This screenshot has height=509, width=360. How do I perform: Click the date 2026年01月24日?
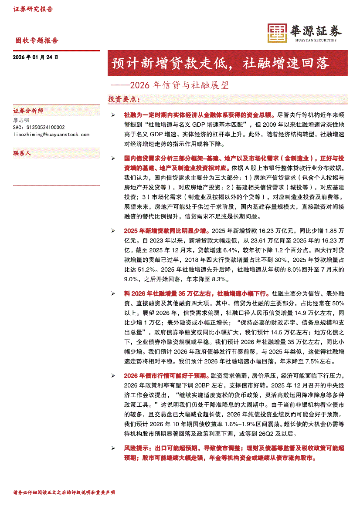coord(36,57)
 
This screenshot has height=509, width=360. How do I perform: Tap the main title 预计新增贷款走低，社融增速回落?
coord(221,63)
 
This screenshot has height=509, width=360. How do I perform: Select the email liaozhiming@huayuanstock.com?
coord(51,135)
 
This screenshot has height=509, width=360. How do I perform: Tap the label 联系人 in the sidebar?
coord(22,154)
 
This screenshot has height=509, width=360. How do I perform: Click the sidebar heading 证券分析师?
coord(28,111)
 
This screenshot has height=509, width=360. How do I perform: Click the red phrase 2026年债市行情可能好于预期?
coord(166,375)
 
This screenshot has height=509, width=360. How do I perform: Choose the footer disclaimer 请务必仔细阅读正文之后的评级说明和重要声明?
coord(64,492)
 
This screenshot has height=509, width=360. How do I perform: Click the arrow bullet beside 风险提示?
coord(113,448)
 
